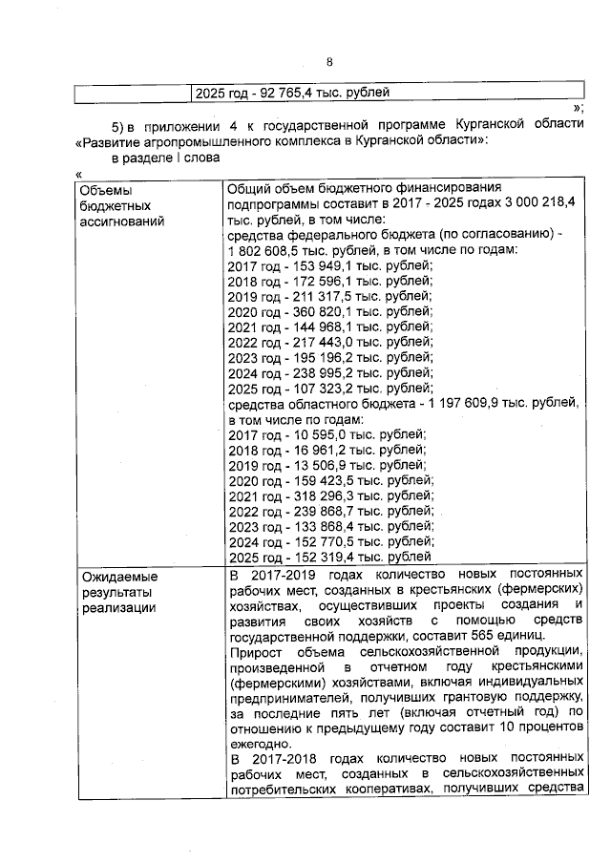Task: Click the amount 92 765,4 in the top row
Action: click(x=275, y=95)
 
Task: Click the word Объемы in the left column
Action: click(x=104, y=189)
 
